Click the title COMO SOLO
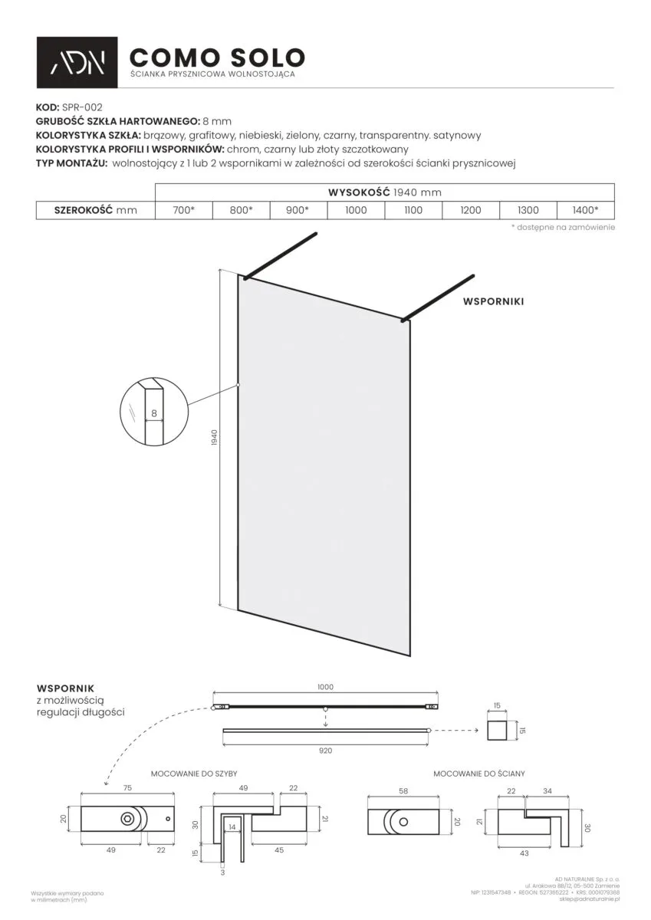coord(217,58)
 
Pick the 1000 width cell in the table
coord(356,210)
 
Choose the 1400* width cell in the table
coord(586,210)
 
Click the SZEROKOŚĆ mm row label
coord(96,210)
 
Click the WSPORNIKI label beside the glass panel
coord(493,302)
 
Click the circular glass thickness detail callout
coord(154,414)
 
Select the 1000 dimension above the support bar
coord(325,688)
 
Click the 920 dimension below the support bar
coord(325,751)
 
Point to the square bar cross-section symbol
coord(498,730)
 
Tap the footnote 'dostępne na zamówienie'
coord(563,228)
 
